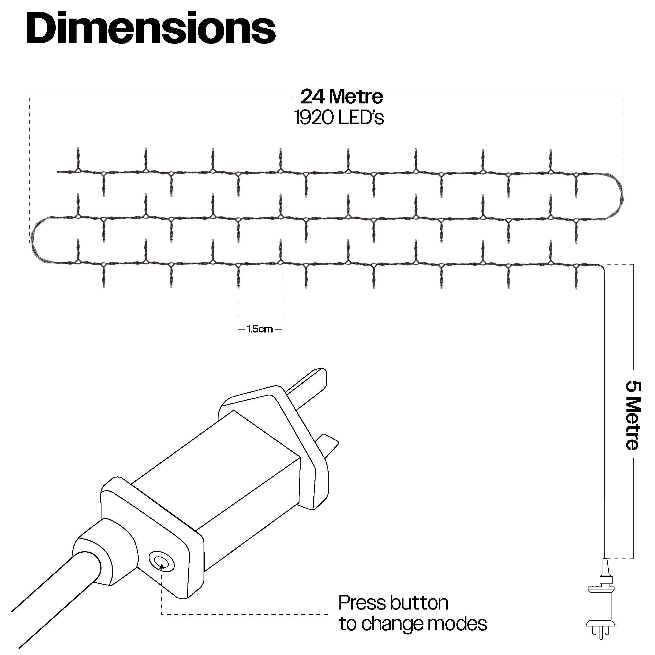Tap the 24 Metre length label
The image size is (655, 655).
[341, 97]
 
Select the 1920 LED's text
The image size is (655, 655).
[339, 118]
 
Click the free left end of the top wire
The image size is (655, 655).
[58, 172]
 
